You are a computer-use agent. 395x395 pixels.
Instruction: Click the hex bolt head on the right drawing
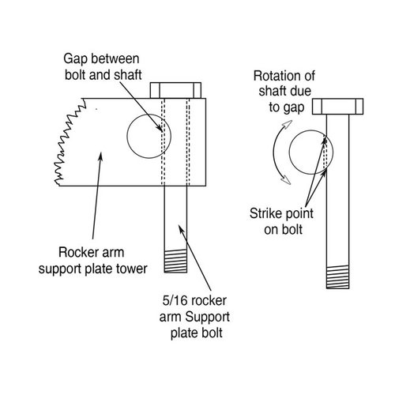point(337,107)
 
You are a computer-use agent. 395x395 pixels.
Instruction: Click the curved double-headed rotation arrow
point(277,157)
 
